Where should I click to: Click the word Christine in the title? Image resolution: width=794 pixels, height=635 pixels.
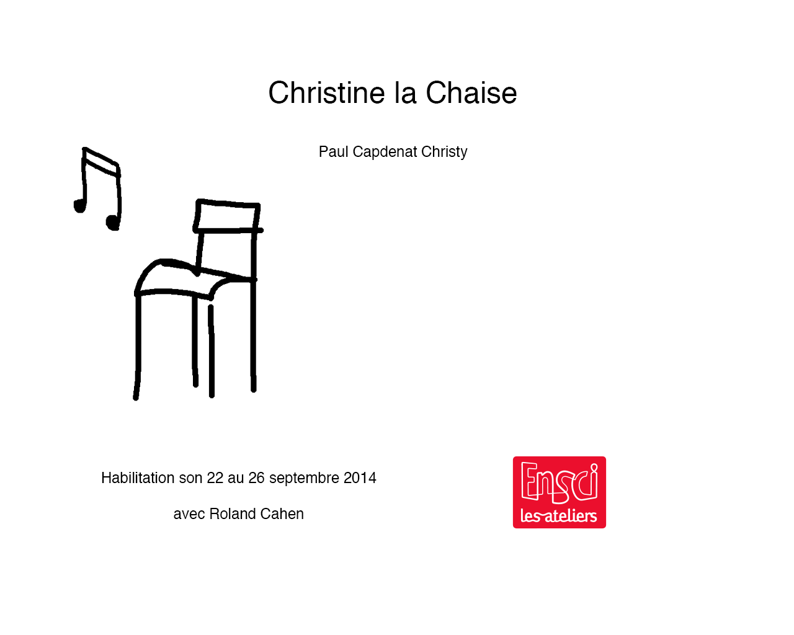coord(326,92)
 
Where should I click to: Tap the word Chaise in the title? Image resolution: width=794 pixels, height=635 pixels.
coord(471,92)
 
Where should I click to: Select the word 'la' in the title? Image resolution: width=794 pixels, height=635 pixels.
coord(406,92)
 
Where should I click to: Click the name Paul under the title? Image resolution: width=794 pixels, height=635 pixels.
coord(334,152)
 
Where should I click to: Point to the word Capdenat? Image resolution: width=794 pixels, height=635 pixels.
coord(385,152)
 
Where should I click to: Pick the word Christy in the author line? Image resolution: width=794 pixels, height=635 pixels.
coord(444,152)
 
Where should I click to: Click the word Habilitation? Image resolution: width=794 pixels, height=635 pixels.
coord(138,478)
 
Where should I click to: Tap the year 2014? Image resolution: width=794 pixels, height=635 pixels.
coord(360,478)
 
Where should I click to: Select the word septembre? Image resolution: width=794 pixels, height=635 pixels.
coord(304,478)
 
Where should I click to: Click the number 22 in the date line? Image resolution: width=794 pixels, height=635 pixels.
coord(215,478)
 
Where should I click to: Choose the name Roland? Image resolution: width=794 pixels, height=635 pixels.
coord(233,513)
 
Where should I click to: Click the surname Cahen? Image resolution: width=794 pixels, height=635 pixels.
coord(282,513)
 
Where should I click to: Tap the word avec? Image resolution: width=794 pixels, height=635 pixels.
coord(189,514)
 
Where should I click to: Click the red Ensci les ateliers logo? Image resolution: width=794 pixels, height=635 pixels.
coord(560,492)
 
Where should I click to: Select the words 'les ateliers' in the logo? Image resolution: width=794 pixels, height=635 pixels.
coord(559,516)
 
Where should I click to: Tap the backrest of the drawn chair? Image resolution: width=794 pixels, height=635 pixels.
coord(228,216)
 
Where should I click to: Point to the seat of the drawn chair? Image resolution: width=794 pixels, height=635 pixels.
coord(195,278)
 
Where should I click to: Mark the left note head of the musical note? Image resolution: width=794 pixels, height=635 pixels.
coord(79,206)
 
